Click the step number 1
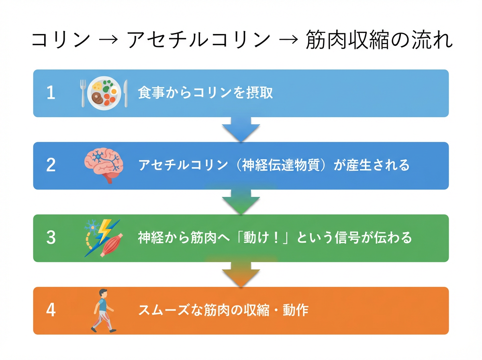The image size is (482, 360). coord(51,93)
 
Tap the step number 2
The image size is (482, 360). coord(51,166)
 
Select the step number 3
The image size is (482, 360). coord(51,238)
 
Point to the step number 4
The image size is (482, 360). coord(51,310)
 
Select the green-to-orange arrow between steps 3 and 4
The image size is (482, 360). coord(241,274)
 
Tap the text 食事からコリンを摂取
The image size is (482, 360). coord(205,93)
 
